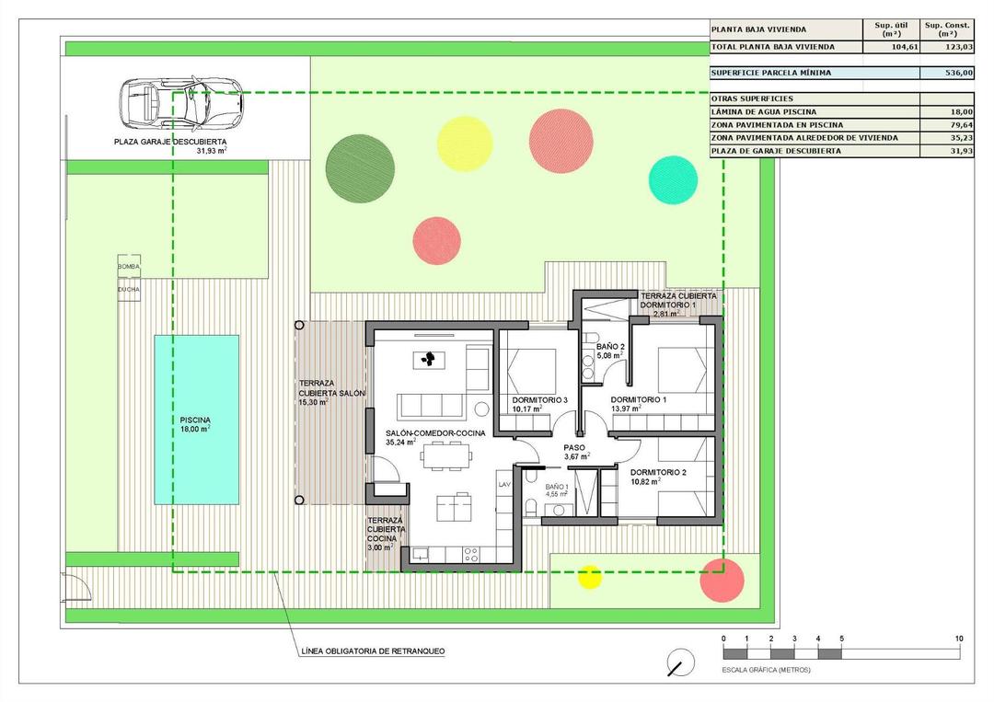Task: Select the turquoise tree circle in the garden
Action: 673,179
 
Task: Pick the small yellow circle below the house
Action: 589,577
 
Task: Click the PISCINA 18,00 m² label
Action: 196,424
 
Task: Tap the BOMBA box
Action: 129,267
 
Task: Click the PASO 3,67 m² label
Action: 577,452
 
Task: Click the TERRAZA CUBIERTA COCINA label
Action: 385,534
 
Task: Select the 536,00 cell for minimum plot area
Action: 946,73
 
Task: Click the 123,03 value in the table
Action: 946,46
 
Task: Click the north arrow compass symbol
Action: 680,662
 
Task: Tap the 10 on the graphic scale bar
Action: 959,639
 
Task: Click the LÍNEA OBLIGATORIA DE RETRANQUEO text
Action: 373,651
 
